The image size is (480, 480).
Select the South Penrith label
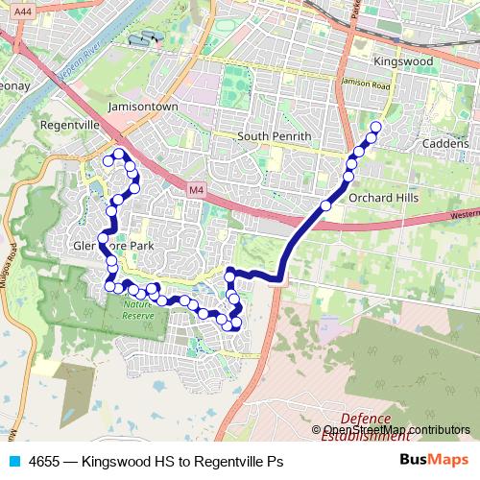pos(275,136)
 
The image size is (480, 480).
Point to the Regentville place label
pos(70,125)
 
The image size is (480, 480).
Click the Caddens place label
pos(444,143)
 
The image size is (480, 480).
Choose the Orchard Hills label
pos(384,198)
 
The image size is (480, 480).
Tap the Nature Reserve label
pos(137,310)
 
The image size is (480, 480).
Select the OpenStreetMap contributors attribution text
pos(396,430)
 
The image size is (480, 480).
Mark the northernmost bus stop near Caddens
pos(375,127)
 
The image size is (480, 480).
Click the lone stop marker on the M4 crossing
pos(325,205)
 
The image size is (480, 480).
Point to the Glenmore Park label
pos(113,245)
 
